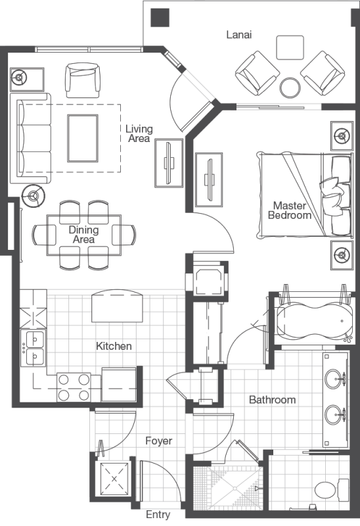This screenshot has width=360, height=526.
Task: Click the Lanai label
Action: [x=238, y=35]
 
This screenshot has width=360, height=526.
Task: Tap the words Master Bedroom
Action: [x=290, y=210]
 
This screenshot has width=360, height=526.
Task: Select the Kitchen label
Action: [x=114, y=346]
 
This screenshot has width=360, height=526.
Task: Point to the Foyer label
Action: [x=159, y=441]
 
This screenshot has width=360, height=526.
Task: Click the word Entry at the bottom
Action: [x=158, y=515]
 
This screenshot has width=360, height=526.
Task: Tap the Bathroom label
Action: [x=273, y=400]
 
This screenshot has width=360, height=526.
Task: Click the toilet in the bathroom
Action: [x=332, y=490]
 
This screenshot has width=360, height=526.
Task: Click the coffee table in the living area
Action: [x=83, y=138]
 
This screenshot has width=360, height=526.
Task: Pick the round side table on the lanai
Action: [x=290, y=88]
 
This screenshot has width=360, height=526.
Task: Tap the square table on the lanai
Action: [x=290, y=47]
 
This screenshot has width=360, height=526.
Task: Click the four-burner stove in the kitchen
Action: [x=74, y=387]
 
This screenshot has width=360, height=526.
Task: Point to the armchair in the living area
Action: [x=83, y=80]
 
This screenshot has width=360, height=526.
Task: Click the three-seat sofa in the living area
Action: [x=31, y=138]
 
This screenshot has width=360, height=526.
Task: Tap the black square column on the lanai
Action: [x=160, y=18]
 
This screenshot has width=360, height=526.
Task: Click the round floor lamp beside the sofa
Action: [x=34, y=195]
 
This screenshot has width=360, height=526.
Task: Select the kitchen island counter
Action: [x=117, y=306]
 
